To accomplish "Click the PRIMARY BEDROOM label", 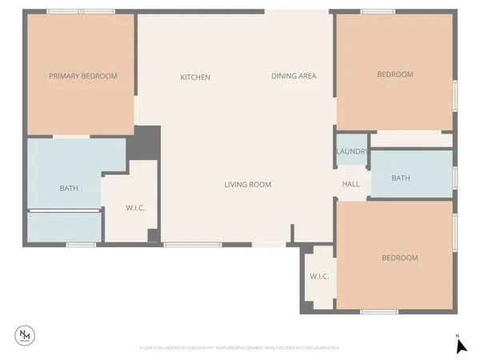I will tap(83, 76).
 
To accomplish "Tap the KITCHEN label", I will tap(195, 77).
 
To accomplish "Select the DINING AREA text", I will tap(294, 76).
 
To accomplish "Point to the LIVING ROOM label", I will tap(247, 184).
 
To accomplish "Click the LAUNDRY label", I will tap(351, 151).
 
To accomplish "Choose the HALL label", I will tap(350, 184).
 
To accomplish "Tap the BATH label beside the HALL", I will tap(401, 178).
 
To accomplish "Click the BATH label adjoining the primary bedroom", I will tap(69, 188).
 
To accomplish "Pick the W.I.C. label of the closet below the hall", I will tap(319, 276).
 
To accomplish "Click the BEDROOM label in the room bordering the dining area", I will tap(395, 74).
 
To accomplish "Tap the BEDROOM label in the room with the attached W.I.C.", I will tap(399, 258).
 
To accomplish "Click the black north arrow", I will tap(460, 346).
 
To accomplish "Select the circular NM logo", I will tap(26, 335).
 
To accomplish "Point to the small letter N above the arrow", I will tap(457, 334).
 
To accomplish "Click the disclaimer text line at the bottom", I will tap(240, 348).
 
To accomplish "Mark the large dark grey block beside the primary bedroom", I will tap(147, 143).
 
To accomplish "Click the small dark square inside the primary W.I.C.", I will tap(153, 234).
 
